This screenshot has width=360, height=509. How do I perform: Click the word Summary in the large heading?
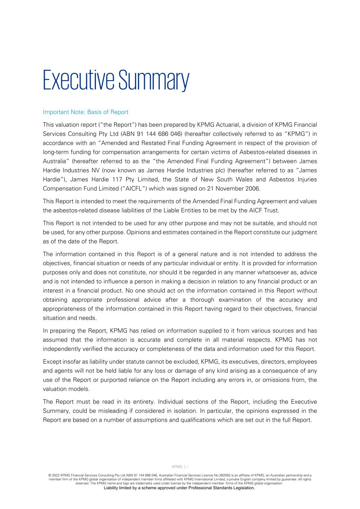tap(154, 80)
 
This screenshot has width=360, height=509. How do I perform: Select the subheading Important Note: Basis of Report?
tap(85, 112)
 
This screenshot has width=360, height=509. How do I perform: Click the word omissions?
tap(279, 380)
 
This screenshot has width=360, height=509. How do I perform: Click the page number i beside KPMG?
tap(188, 466)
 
